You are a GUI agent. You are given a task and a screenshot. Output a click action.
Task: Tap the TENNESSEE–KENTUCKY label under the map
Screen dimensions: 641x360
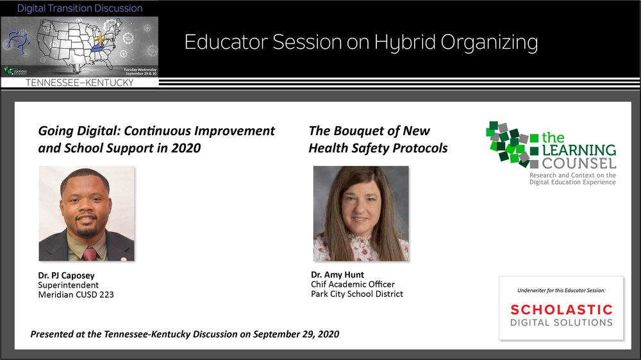pyautogui.click(x=79, y=83)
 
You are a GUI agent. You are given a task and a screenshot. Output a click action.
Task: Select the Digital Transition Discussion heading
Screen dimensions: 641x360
pyautogui.click(x=79, y=8)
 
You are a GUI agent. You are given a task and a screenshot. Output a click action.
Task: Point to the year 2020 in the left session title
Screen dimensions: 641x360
pyautogui.click(x=186, y=148)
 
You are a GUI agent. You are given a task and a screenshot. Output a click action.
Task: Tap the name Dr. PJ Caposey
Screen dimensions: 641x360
pyautogui.click(x=66, y=275)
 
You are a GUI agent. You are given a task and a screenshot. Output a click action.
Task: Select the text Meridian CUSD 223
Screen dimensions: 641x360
pyautogui.click(x=76, y=295)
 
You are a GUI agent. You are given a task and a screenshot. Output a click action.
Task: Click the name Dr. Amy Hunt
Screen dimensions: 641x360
pyautogui.click(x=337, y=275)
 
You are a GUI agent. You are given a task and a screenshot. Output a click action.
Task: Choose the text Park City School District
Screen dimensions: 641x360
pyautogui.click(x=357, y=294)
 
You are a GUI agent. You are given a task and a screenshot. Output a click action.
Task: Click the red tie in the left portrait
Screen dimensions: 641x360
pyautogui.click(x=90, y=254)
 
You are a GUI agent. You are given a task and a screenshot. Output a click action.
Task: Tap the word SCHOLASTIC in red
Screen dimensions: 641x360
pyautogui.click(x=562, y=310)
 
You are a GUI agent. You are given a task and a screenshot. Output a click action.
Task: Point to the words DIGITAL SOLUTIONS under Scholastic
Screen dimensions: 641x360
pyautogui.click(x=562, y=323)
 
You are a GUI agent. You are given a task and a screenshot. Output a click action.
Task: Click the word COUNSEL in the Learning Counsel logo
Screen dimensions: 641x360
pyautogui.click(x=579, y=164)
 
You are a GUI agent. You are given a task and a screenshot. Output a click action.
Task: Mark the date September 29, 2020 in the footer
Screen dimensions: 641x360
pyautogui.click(x=296, y=334)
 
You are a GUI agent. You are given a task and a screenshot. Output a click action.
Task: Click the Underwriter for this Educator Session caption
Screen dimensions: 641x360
pyautogui.click(x=562, y=291)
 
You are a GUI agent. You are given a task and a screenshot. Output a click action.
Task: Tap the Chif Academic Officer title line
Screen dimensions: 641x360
pyautogui.click(x=353, y=284)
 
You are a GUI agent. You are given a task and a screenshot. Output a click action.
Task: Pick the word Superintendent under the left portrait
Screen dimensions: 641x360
pyautogui.click(x=69, y=285)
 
